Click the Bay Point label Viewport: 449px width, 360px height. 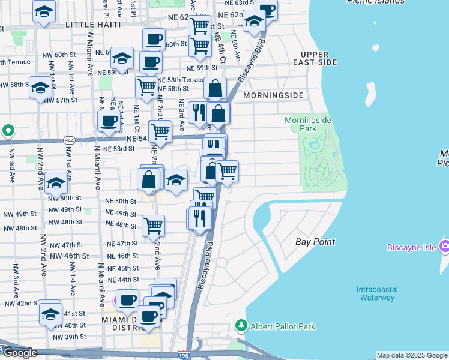tap(315, 242)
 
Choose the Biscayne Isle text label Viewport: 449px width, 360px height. tap(410, 246)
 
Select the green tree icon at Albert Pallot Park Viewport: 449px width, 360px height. tap(241, 326)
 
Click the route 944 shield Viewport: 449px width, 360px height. tap(68, 140)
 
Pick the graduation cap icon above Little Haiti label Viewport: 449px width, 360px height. tap(44, 11)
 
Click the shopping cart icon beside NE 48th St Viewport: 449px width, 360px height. tap(153, 226)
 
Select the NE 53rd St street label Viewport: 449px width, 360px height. tap(118, 149)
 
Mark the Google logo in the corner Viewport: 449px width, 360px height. tap(20, 353)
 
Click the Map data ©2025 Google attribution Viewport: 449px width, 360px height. tap(412, 356)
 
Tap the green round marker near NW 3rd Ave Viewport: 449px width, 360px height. tap(8, 130)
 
